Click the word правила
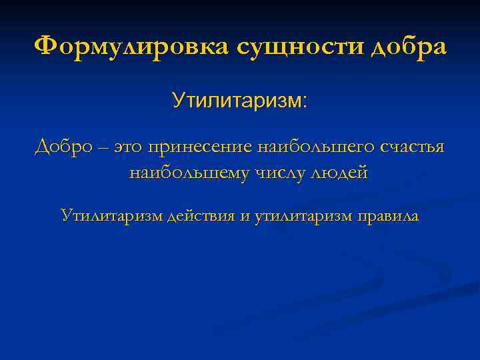click(x=387, y=217)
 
